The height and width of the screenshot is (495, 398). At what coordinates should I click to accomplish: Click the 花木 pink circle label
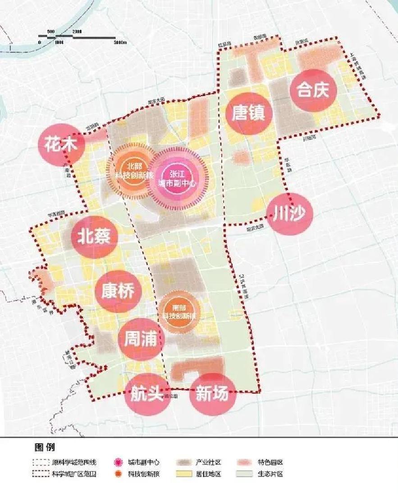[63, 145]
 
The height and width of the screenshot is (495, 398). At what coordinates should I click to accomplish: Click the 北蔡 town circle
[94, 236]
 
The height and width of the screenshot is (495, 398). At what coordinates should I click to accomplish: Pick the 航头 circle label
[147, 394]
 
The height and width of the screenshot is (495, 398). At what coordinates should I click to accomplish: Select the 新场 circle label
[213, 394]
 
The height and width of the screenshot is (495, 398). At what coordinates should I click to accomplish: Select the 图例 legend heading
[44, 448]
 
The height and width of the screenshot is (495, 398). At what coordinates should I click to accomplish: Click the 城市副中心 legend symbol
[119, 463]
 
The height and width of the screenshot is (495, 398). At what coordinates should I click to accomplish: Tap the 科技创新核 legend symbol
[119, 474]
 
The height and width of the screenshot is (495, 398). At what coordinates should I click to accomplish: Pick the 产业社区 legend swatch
[184, 463]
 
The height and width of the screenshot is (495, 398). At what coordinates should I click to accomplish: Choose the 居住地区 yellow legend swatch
[184, 474]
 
